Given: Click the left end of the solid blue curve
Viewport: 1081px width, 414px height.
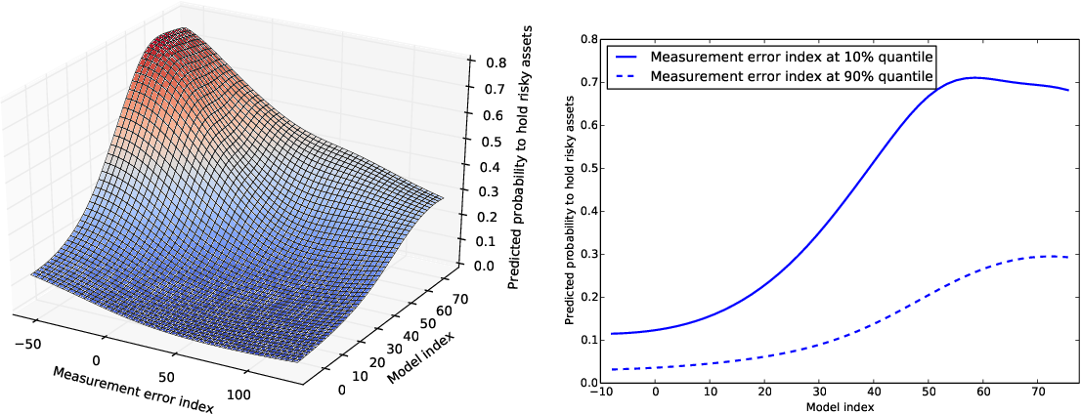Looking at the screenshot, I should pyautogui.click(x=611, y=334).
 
